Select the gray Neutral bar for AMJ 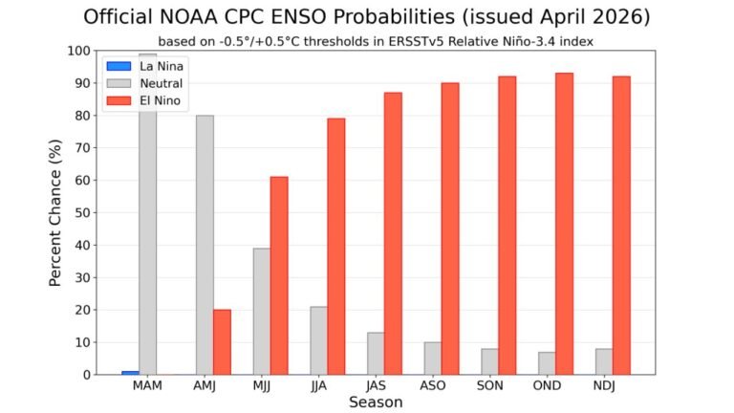[x=205, y=245]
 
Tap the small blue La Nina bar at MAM [x=130, y=372]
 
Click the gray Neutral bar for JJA [x=318, y=340]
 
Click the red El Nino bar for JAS [x=393, y=233]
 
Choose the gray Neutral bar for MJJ [x=262, y=311]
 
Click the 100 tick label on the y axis [x=79, y=51]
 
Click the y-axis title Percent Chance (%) [x=56, y=212]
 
